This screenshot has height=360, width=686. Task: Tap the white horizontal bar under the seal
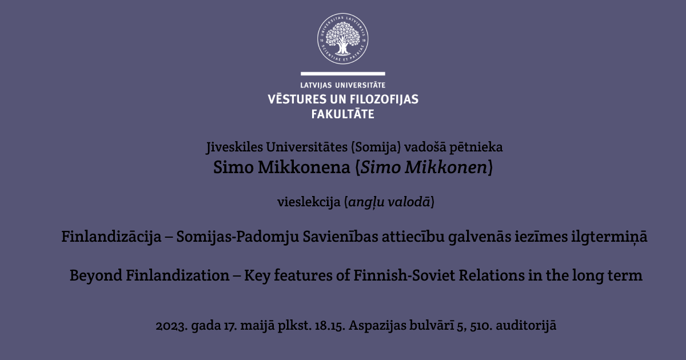coord(342,74)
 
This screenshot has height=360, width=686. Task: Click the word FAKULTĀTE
coord(342,114)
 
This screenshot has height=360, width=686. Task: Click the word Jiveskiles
coord(234,147)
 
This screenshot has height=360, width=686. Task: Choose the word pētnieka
coord(476,147)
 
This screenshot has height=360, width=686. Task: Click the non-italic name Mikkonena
coord(304,167)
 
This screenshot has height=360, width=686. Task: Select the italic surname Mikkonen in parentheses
coord(446,167)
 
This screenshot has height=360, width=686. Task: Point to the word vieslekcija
coord(309,202)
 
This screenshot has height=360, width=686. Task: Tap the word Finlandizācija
coord(111,237)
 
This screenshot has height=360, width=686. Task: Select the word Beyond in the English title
coord(96,275)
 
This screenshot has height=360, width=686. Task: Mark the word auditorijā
coord(526,325)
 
